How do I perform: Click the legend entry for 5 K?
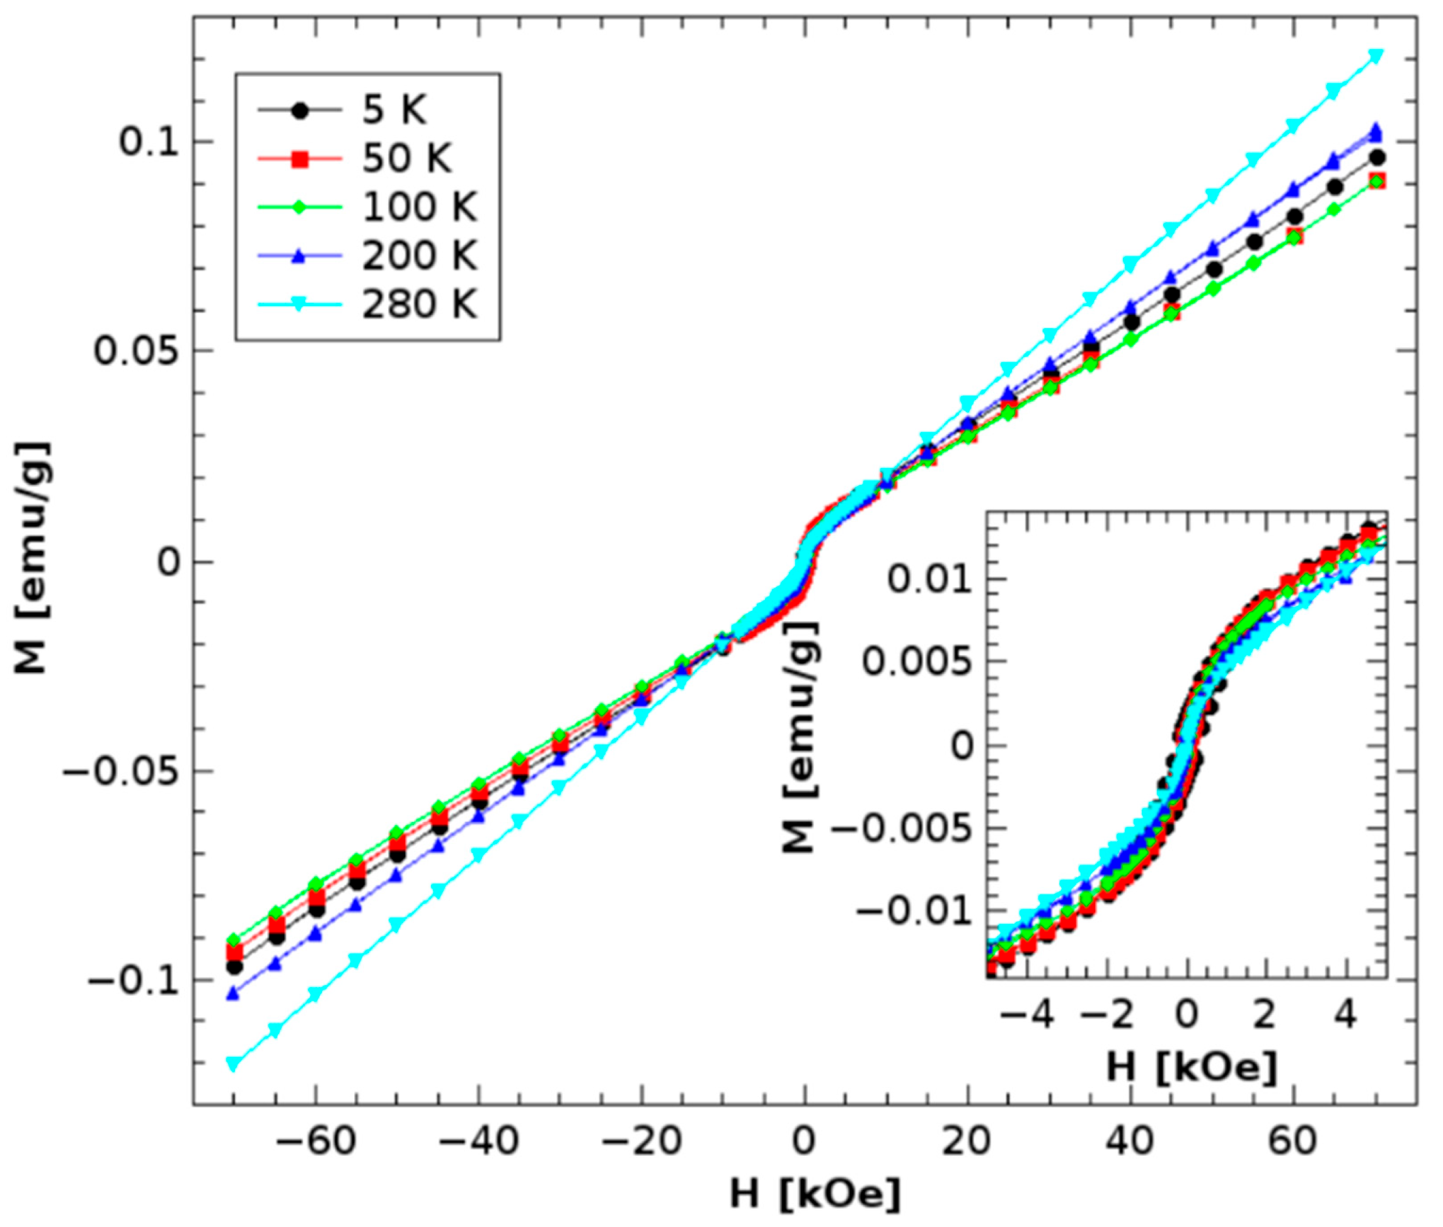[x=394, y=111]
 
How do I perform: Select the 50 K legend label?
[x=406, y=159]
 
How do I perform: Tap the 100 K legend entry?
[x=419, y=208]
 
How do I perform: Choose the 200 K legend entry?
[x=419, y=256]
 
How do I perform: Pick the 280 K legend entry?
[x=419, y=305]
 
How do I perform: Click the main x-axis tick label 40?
[x=1130, y=1141]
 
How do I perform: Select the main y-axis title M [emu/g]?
[x=32, y=558]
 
